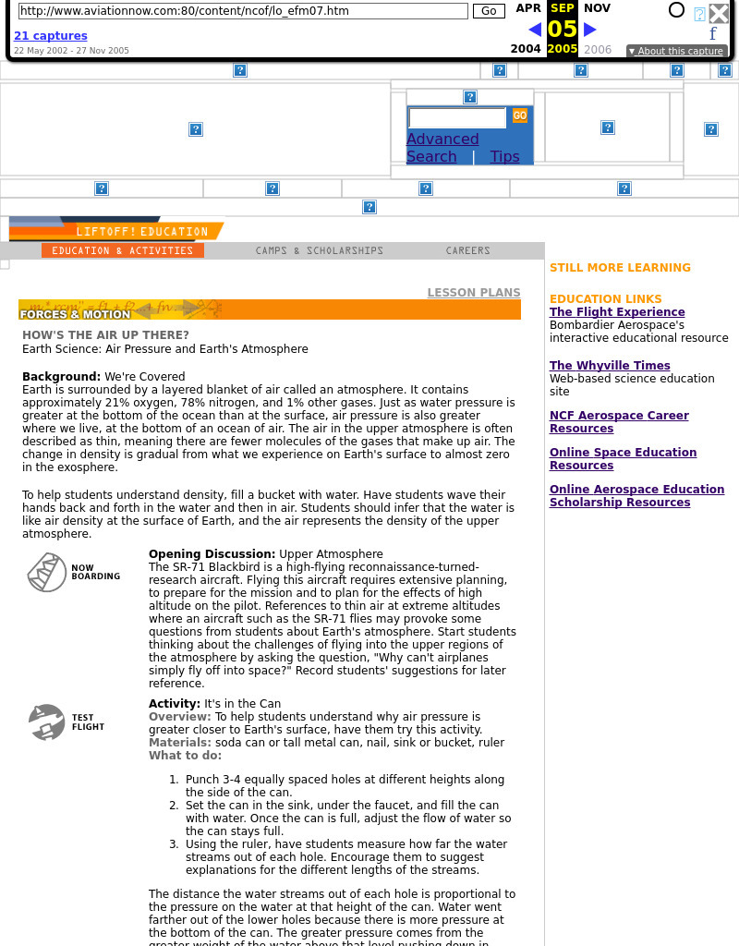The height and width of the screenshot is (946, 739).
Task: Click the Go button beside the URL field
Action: click(489, 11)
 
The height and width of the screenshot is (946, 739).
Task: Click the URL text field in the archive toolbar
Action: click(243, 11)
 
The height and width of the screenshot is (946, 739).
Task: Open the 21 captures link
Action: click(50, 36)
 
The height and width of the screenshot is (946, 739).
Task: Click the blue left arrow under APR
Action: click(534, 30)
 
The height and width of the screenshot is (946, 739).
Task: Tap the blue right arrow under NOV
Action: click(590, 30)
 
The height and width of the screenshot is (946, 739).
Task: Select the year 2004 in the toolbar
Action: click(526, 49)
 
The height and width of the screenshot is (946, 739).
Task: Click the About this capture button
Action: click(675, 52)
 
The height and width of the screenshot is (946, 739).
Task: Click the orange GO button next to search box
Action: click(520, 115)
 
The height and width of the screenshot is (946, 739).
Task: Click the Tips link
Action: click(504, 157)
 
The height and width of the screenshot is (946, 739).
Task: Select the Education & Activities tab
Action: click(122, 250)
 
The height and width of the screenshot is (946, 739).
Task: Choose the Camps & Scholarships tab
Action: click(319, 250)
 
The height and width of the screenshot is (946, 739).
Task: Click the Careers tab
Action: click(467, 250)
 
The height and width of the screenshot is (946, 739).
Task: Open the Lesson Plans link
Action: click(473, 293)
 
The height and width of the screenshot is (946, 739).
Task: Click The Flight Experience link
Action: click(617, 312)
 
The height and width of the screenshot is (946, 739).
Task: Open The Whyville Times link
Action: click(610, 366)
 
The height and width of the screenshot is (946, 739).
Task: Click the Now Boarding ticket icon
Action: click(46, 573)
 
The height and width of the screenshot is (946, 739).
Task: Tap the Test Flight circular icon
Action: click(46, 722)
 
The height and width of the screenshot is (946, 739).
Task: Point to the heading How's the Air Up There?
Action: click(105, 335)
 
